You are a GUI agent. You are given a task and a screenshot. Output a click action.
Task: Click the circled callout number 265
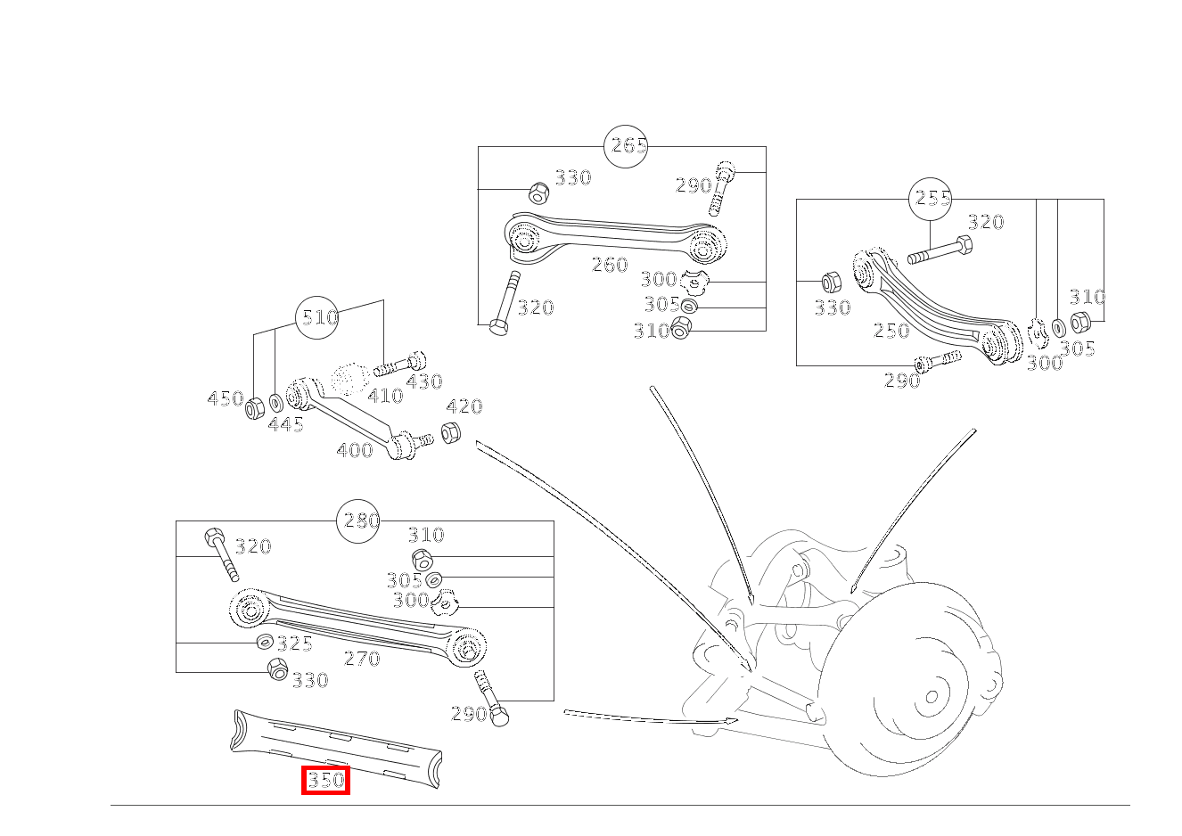pos(626,146)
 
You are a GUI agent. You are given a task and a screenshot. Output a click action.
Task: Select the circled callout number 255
pos(931,199)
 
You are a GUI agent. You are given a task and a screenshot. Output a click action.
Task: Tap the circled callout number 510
pos(318,317)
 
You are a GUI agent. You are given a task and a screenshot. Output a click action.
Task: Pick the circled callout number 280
pos(358,520)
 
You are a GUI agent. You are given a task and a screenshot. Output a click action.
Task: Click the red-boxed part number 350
pos(325,781)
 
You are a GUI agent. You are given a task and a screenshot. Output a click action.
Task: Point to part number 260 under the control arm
pos(610,265)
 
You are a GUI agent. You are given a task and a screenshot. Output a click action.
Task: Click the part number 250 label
pos(891,331)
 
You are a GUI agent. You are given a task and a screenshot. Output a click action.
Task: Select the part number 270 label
pos(362,659)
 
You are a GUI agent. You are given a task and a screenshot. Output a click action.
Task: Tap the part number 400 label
pos(355,450)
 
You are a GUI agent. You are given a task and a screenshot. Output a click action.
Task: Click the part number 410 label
pos(385,396)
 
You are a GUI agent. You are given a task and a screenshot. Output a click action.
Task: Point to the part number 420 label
pos(464,407)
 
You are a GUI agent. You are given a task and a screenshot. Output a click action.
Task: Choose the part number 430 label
pos(423,381)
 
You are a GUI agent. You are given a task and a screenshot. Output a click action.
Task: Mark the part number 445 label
pos(286,425)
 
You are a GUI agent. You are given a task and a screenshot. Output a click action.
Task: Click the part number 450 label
pos(225,398)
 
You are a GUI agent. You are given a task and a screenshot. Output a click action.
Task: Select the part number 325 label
pos(294,643)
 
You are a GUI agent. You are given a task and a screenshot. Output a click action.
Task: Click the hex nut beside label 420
pos(451,434)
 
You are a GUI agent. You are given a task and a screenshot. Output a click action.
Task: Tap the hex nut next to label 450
pos(254,408)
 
